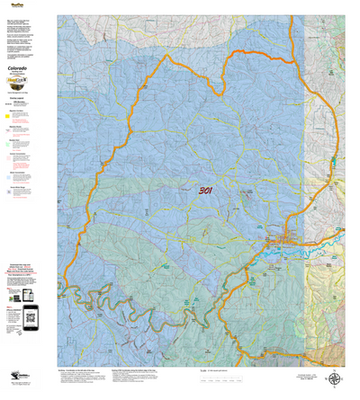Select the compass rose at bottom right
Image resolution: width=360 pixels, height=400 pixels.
coord(335,380)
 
